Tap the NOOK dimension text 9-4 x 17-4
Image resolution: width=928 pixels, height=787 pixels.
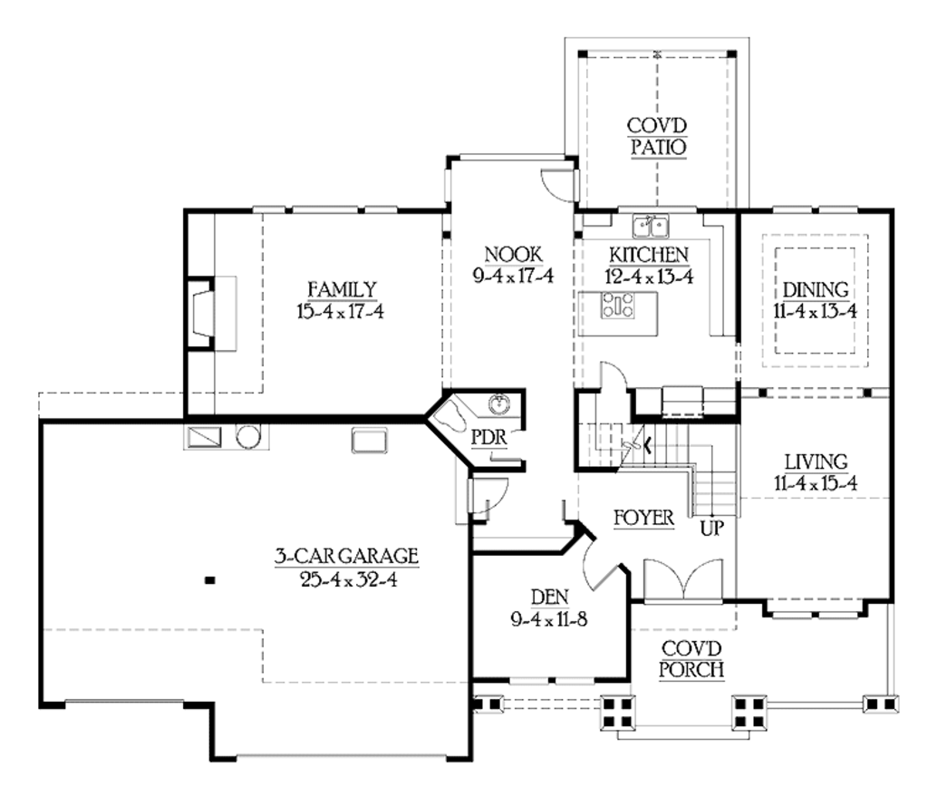(x=513, y=276)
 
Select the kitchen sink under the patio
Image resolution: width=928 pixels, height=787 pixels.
(x=650, y=224)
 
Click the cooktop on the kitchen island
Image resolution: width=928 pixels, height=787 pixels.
(x=620, y=306)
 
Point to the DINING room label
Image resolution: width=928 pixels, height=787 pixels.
(x=816, y=290)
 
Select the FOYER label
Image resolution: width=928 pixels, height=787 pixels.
(x=643, y=519)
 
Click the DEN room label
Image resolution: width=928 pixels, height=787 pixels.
(x=549, y=597)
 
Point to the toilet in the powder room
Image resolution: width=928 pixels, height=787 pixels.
(x=453, y=416)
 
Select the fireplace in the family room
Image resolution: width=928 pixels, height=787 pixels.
(x=201, y=315)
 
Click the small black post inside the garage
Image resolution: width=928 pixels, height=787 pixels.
(x=209, y=580)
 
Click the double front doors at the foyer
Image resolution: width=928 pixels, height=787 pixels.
(x=683, y=580)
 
